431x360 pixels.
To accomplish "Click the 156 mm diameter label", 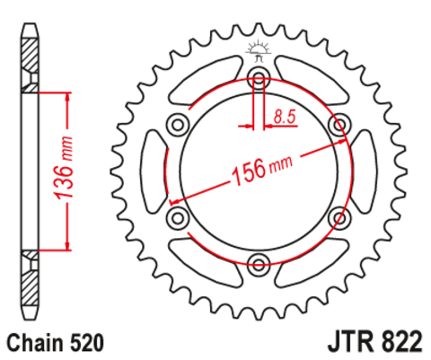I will click(x=259, y=169).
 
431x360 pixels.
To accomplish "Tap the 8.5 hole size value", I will click(x=285, y=115).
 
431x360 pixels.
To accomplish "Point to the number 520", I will click(x=87, y=342).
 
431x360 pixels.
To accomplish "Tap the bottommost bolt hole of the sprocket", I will click(x=259, y=263).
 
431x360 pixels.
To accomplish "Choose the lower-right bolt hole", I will click(x=339, y=216).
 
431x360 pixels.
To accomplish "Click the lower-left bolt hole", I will click(x=177, y=216).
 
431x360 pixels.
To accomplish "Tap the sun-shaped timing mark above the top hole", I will click(x=259, y=48).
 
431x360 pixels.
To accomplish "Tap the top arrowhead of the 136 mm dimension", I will click(x=67, y=95).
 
